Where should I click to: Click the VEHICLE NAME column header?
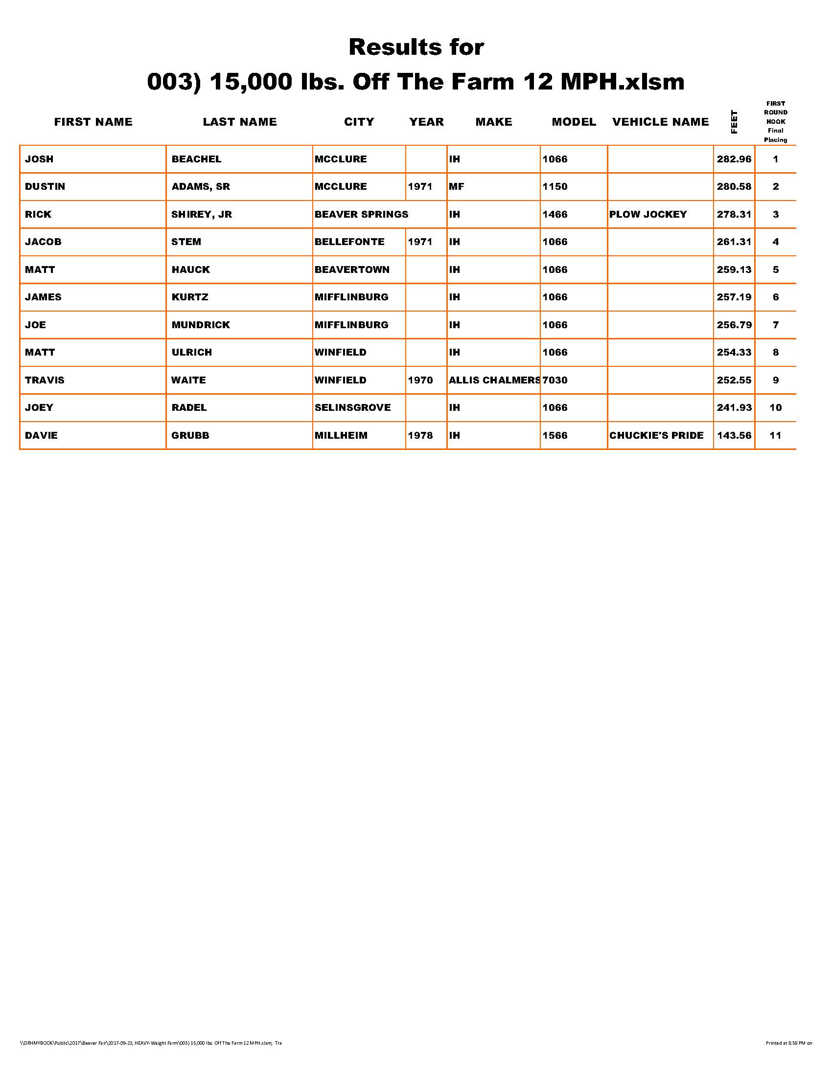tap(660, 122)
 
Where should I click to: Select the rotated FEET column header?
tap(734, 122)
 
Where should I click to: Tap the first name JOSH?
tap(40, 159)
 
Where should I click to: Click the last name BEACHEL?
tap(196, 159)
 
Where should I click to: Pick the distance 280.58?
tap(734, 187)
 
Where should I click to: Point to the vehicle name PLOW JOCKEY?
tap(647, 214)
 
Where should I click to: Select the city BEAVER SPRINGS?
tap(361, 214)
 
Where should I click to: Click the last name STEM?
tap(186, 242)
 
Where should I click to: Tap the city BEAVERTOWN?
tap(352, 269)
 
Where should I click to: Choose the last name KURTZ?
tap(190, 297)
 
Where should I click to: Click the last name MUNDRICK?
tap(201, 325)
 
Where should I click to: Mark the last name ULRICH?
tap(192, 352)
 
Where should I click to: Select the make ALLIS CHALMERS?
tap(494, 380)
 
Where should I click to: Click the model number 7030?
tap(555, 380)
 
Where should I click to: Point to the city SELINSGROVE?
tap(352, 407)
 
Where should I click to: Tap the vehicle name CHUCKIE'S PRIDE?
tap(656, 435)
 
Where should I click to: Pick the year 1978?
tap(420, 435)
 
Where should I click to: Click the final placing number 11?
tap(775, 435)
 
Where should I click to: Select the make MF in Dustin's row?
tap(457, 187)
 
